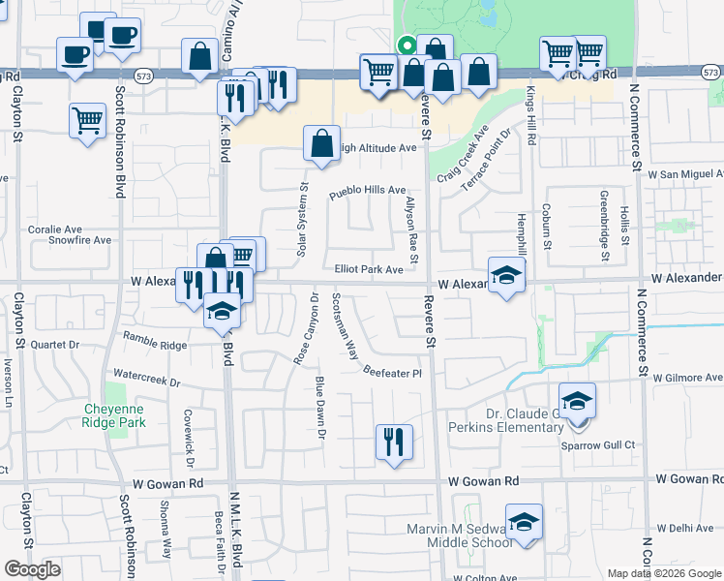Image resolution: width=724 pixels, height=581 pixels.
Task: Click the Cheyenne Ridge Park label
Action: (x=115, y=415)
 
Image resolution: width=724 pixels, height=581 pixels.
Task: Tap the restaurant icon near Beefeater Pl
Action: (x=394, y=443)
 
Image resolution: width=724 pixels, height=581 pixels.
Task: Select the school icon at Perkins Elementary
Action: (x=578, y=400)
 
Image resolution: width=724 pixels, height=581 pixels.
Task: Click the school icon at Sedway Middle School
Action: (x=524, y=522)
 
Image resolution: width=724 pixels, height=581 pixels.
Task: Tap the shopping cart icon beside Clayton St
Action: (x=87, y=121)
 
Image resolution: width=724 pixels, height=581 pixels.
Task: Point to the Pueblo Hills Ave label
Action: (x=367, y=191)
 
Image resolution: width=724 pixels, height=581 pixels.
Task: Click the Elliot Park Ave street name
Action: (x=368, y=270)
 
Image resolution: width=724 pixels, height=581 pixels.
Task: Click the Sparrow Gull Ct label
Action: (x=598, y=444)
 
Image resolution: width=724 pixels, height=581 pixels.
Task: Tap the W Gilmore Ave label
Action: (x=688, y=378)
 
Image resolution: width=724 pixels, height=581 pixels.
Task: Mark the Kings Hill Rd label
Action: (x=530, y=115)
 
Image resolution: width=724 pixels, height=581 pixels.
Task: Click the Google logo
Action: (x=33, y=570)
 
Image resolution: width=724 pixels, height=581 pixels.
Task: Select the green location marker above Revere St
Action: (x=407, y=44)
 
